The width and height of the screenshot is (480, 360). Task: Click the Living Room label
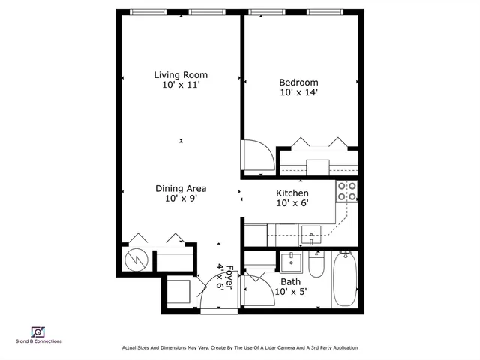pos(181,74)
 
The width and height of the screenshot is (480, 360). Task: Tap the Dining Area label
pos(181,188)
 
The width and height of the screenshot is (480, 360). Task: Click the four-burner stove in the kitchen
pos(346,192)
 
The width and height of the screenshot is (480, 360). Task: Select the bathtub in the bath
pos(346,278)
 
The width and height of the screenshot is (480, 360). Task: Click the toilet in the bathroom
pos(316,268)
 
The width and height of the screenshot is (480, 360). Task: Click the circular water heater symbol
pos(136,259)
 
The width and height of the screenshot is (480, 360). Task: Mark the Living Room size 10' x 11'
pos(181,85)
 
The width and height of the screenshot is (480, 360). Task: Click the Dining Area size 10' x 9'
pos(181,199)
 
